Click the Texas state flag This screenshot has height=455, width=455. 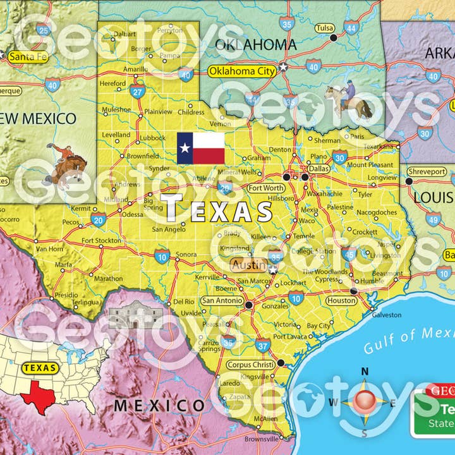(x=200, y=148)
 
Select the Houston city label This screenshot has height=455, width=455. (x=342, y=301)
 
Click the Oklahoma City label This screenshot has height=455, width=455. (x=242, y=71)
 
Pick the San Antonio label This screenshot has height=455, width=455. (x=222, y=301)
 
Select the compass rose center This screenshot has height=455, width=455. (x=366, y=402)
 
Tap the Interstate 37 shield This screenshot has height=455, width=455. (x=263, y=345)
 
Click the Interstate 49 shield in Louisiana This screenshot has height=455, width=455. (x=433, y=220)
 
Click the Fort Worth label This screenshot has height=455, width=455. (x=265, y=188)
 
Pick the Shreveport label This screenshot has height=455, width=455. (x=427, y=171)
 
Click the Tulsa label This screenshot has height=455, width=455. (x=324, y=28)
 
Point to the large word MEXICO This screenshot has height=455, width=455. (x=159, y=405)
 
